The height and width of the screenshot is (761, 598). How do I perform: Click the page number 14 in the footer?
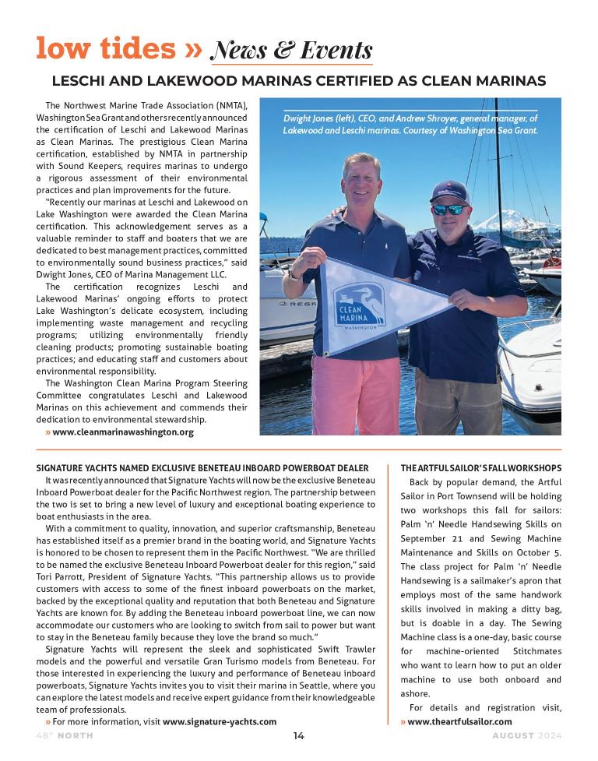coord(299,736)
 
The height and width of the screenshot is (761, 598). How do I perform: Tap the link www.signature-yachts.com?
coord(220,722)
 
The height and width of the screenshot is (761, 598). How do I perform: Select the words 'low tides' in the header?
coord(105,48)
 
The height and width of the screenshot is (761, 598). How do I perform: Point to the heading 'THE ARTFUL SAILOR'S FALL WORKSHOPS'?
coord(480,468)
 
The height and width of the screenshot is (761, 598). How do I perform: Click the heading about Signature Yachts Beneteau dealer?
coord(202,468)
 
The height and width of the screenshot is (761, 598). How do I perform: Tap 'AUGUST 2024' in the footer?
coord(526,736)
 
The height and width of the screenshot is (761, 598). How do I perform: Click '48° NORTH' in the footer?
coord(64,736)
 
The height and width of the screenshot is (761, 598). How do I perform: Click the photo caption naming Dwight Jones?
coord(410,125)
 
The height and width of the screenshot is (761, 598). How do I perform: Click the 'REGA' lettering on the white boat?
coord(282,304)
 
